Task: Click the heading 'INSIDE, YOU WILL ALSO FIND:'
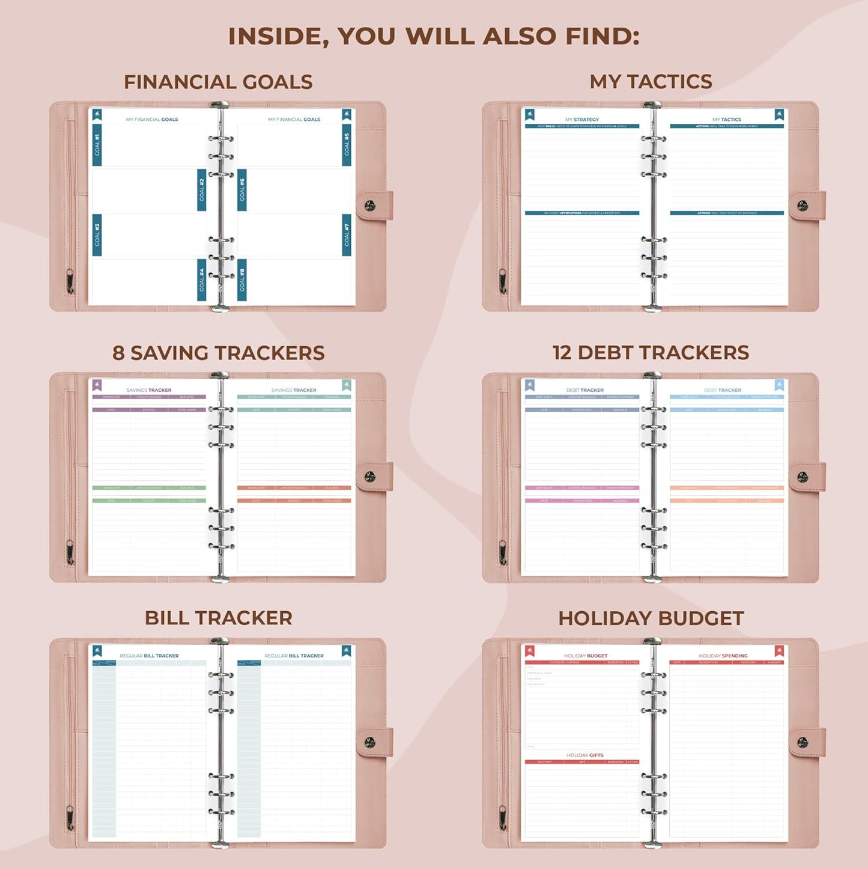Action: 434,36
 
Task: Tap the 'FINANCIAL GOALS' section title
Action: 218,82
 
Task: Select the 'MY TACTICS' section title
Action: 651,81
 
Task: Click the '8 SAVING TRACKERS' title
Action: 218,353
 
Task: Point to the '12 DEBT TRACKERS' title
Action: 651,352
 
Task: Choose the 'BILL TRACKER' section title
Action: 218,618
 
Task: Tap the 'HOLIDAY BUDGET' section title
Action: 651,618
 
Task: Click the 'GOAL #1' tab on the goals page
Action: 97,145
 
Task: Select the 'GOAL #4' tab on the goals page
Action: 202,280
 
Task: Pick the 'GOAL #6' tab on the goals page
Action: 242,190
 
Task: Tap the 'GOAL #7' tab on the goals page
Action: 347,235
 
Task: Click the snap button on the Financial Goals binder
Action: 370,206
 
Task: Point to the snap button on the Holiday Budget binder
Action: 803,743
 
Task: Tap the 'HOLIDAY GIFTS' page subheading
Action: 584,755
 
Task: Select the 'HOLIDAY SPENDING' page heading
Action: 723,656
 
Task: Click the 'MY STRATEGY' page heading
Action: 581,120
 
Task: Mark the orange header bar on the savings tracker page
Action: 294,488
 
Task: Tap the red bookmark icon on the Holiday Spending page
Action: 779,651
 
